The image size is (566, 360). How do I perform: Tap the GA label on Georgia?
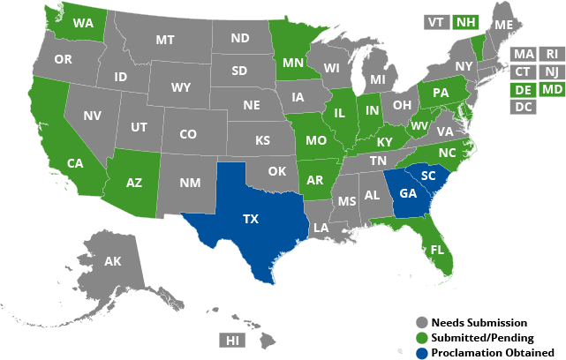pos(408,194)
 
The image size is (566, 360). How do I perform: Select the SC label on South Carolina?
pos(428,176)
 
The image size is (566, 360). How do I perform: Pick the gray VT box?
pos(436,21)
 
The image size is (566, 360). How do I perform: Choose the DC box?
pos(523,107)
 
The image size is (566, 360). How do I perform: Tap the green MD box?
pos(552,89)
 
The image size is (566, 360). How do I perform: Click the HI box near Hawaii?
pos(232,340)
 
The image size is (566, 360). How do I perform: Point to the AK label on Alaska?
pos(112,261)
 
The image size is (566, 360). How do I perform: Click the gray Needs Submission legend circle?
pos(420,323)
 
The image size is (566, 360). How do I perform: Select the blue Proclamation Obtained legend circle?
pos(420,352)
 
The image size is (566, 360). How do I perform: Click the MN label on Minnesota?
pos(293,64)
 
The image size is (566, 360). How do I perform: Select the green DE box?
pos(523,89)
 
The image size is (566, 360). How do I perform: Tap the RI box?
pos(552,54)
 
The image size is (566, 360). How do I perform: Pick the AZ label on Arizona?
pos(134,183)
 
